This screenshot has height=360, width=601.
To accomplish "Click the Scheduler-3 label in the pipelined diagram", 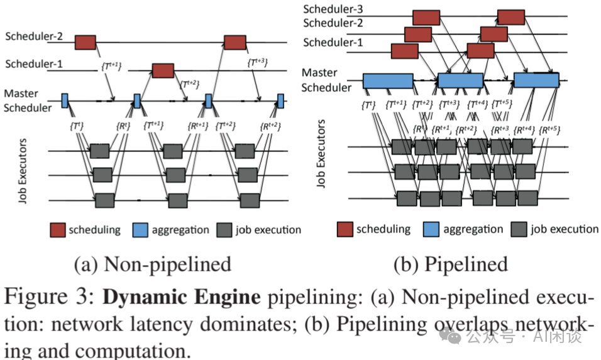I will tap(334, 9).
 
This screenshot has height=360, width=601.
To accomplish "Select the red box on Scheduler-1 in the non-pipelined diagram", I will tap(163, 70).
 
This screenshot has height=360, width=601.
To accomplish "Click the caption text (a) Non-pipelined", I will tap(152, 264).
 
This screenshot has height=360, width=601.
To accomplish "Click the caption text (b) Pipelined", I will tap(450, 264).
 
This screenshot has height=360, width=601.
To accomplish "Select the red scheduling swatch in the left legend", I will tap(58, 230).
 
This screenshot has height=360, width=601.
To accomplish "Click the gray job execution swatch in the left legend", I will tap(224, 230).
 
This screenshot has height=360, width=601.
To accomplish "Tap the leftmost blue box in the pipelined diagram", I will tap(387, 80).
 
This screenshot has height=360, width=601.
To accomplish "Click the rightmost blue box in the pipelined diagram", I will tap(536, 80).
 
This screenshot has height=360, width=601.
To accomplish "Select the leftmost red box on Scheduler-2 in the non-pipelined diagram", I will tap(85, 42).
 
